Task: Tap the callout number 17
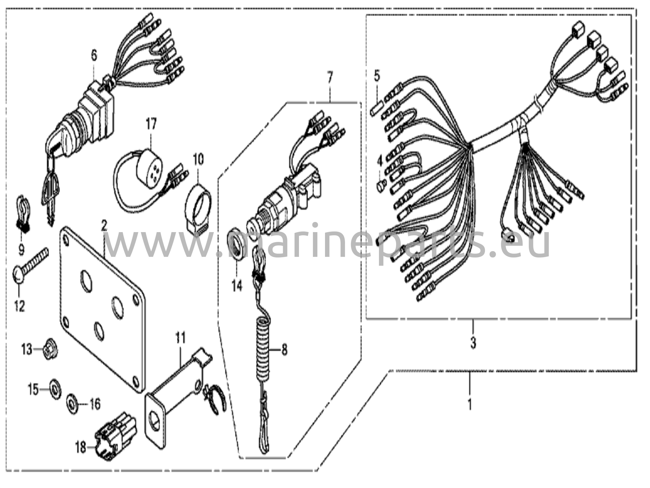(151, 124)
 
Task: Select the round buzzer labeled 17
(147, 165)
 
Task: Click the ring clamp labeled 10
(198, 208)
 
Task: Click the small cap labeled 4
(381, 184)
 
